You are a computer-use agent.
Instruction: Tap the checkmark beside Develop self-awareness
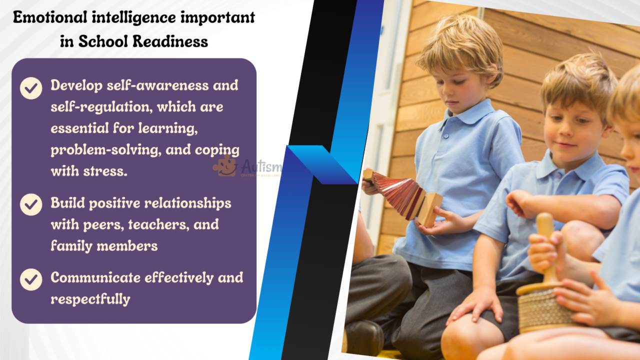(x=31, y=88)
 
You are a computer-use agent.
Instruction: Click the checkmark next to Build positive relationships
(x=31, y=204)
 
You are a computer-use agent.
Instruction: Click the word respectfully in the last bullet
(x=90, y=299)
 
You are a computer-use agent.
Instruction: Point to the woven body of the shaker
(x=542, y=310)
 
